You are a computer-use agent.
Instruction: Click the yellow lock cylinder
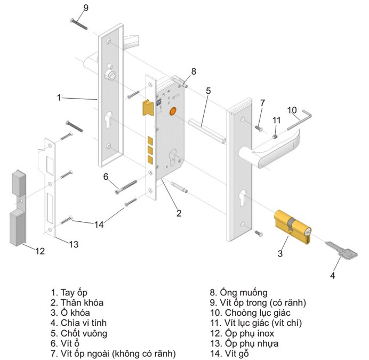pos(293,227)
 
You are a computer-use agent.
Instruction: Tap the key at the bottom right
pos(341,250)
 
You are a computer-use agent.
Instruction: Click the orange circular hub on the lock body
pos(173,111)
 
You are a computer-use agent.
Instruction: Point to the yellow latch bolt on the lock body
pos(148,108)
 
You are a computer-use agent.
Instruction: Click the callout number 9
pos(86,8)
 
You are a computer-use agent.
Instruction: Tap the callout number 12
pos(40,251)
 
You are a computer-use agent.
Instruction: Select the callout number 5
pos(208,91)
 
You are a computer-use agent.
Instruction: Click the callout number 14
pos(99,225)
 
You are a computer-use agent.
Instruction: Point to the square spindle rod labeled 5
pos(207,131)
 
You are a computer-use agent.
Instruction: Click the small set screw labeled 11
pos(275,137)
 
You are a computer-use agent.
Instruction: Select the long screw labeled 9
pos(79,24)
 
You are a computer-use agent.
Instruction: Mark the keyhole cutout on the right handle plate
pos(242,197)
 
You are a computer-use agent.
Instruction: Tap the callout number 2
pos(179,213)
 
